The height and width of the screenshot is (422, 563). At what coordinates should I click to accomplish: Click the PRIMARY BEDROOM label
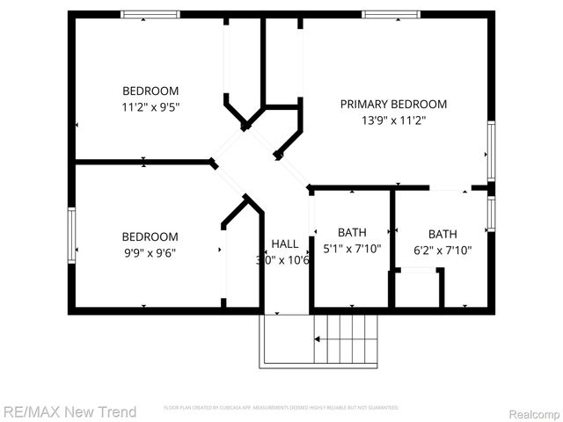click(393, 104)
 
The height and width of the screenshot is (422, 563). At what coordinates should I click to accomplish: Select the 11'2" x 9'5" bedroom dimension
click(150, 107)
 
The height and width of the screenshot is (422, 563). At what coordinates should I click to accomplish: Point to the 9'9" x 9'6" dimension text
click(150, 252)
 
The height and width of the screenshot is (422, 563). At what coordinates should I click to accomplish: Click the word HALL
click(284, 244)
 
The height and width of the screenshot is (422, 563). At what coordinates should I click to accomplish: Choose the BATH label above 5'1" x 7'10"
click(352, 232)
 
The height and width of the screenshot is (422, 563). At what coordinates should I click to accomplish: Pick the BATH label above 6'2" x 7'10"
click(442, 234)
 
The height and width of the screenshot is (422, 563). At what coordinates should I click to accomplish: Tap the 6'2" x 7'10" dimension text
click(442, 250)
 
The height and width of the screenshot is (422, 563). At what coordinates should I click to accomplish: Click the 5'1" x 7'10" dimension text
click(352, 248)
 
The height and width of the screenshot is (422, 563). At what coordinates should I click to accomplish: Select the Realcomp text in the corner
click(534, 412)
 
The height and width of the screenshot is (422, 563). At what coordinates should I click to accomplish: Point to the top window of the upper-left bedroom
click(150, 14)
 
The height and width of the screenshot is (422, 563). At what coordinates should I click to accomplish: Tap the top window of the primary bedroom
click(390, 14)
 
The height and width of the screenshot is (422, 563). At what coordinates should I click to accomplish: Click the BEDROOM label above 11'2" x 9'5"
click(150, 91)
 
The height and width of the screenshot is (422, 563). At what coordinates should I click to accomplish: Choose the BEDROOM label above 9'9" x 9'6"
click(150, 236)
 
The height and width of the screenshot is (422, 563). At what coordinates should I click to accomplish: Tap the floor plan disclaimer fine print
click(281, 408)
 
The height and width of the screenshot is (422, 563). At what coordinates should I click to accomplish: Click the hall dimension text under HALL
click(282, 260)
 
